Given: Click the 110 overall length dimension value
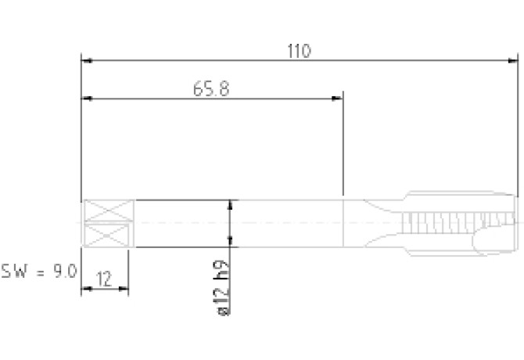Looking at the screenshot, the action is click(299, 51).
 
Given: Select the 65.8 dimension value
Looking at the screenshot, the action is click(211, 89).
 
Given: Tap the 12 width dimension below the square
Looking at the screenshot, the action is click(104, 279).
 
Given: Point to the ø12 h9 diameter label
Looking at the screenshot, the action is click(223, 287).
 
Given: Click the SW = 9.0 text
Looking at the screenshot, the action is click(39, 271).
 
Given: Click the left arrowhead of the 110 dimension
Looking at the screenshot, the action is click(87, 61).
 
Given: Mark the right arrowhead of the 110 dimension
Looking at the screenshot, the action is click(512, 61).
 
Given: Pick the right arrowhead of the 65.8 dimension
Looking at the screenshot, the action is click(337, 99).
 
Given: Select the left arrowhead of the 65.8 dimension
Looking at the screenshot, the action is click(87, 99).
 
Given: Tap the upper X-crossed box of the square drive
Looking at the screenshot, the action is click(108, 211).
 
